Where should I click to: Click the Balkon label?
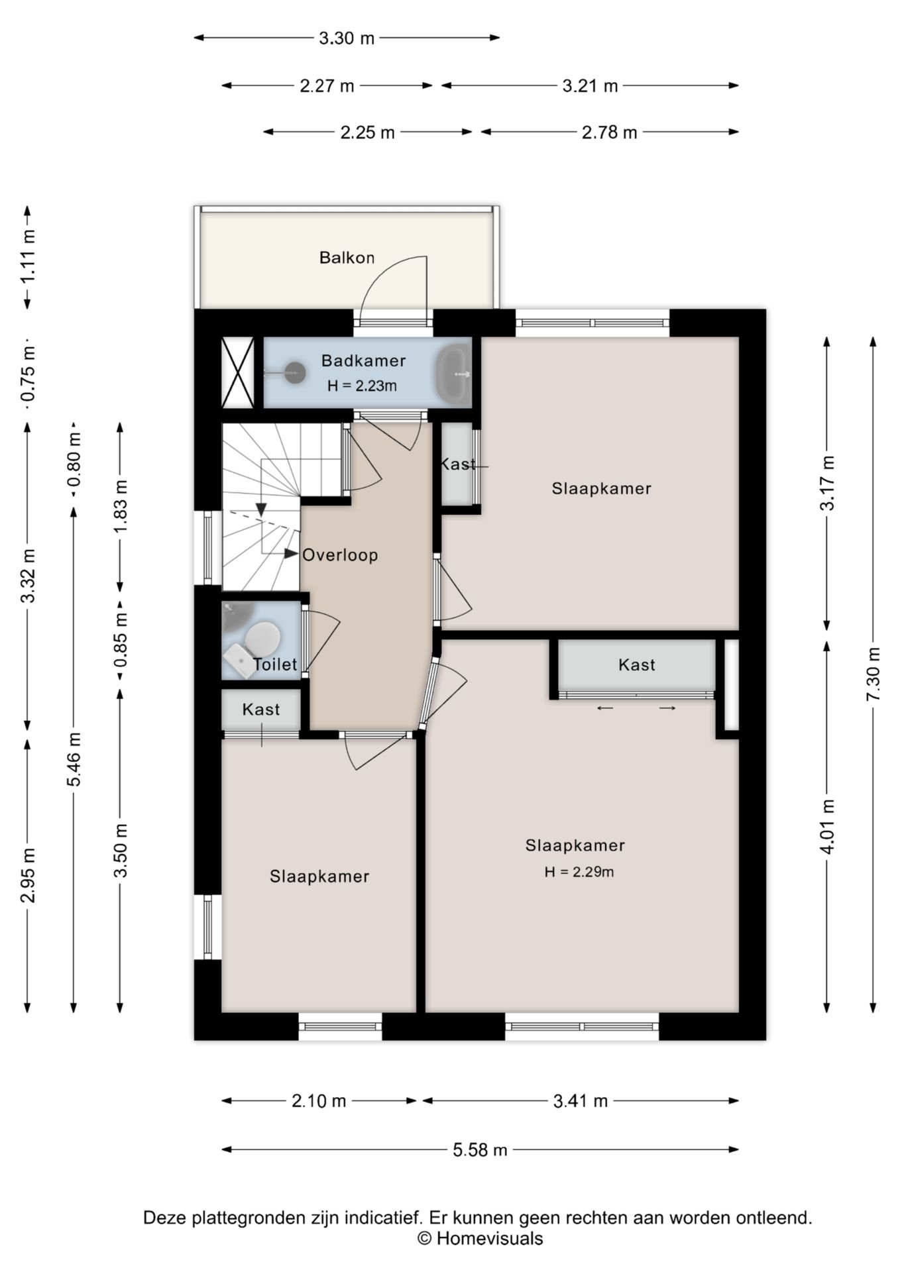pos(347,258)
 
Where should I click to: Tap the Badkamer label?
pos(363,361)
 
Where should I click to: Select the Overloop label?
pos(340,555)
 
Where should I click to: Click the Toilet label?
pos(275,664)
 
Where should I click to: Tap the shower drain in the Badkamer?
pos(295,373)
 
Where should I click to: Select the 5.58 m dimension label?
pos(480,1150)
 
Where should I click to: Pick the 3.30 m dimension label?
pos(347,38)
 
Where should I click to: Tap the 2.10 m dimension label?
pos(319,1101)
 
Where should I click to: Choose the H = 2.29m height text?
pos(579,872)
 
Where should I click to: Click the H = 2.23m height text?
pos(362,386)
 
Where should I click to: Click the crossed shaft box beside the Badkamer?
pos(237,372)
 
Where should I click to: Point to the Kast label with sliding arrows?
pos(637,664)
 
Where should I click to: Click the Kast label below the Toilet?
pos(261,710)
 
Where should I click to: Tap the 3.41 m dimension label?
pos(581,1101)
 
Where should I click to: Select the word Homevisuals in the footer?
pos(490,1238)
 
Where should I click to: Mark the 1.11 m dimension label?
pos(27,256)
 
